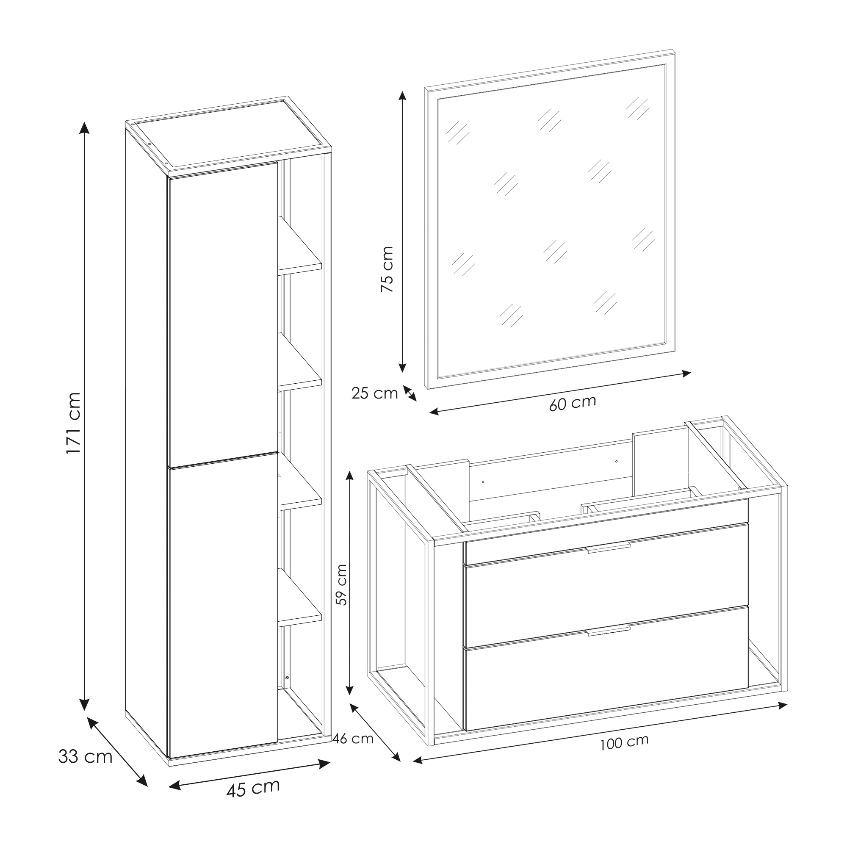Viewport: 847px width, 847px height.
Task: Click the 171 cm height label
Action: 73,423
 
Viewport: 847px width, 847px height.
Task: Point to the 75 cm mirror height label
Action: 387,269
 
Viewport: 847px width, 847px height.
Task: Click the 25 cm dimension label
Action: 374,393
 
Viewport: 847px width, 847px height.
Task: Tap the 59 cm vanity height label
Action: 341,585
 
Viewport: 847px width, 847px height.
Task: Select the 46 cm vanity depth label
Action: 353,739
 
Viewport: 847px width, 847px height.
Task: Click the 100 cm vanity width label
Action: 624,743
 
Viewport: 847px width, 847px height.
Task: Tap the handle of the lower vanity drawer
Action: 609,631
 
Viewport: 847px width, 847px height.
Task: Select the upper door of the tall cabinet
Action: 224,314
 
